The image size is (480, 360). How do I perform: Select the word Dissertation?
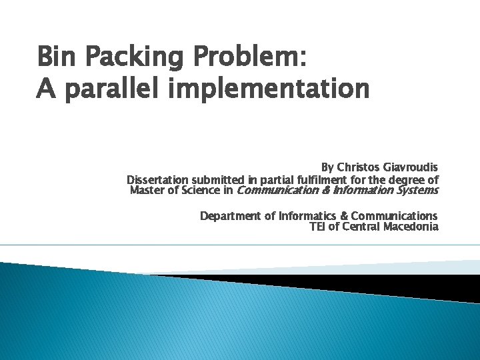[x=158, y=180]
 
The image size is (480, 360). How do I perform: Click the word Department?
[x=231, y=216]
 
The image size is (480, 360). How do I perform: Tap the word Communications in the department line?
[x=394, y=216]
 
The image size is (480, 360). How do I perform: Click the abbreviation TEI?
[x=317, y=227]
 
